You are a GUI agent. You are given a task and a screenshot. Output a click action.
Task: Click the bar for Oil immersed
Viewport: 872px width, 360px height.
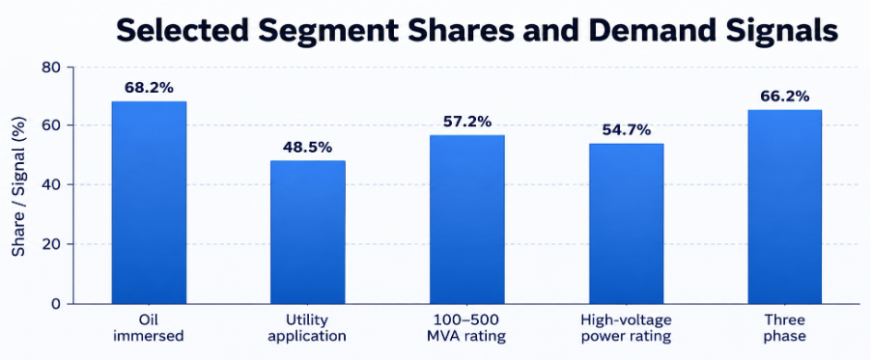coord(149,203)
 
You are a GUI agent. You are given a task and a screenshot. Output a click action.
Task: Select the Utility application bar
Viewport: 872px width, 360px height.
coord(307,233)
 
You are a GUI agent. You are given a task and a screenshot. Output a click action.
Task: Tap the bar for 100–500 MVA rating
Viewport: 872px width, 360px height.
coord(467,219)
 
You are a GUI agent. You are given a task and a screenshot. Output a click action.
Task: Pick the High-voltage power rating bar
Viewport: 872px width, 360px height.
coord(626,224)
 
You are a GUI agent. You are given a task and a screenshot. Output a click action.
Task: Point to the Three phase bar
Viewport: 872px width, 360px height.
coord(785,207)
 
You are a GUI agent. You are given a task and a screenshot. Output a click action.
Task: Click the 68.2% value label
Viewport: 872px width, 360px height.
coord(149,88)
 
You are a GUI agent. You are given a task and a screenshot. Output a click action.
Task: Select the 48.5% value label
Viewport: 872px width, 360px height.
coord(307,148)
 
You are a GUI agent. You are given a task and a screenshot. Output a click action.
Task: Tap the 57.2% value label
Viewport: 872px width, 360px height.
coord(467,122)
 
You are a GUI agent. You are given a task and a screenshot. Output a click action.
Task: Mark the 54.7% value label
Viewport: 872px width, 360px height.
coord(626,130)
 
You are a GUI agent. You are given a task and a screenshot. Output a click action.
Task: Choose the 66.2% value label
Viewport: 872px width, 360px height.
coord(785,97)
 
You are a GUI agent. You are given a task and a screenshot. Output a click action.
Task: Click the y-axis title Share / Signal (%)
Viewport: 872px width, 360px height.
coord(19,185)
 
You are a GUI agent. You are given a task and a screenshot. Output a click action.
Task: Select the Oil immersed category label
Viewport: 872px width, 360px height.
coord(149,328)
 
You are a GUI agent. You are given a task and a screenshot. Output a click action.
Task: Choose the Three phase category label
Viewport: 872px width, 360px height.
coord(785,328)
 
